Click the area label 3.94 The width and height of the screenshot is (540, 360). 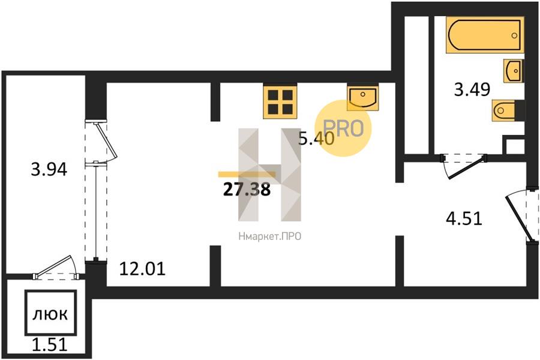pos(49,169)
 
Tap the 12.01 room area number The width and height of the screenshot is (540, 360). pos(142,269)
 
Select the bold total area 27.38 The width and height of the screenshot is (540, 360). pos(247,190)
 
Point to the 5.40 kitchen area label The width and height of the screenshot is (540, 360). pos(316,139)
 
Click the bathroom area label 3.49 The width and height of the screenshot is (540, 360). pos(472,89)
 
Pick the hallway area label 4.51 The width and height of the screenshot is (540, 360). pos(464,218)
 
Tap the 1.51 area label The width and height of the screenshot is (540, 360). pos(50,344)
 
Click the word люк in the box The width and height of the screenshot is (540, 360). pos(50,314)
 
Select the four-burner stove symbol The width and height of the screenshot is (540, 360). pos(280,101)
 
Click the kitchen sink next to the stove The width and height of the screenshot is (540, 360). pos(362,97)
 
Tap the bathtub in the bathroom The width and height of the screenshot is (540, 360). pos(485,35)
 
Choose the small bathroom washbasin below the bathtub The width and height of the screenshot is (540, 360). pos(513,71)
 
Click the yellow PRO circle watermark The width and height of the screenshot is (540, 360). pos(343,128)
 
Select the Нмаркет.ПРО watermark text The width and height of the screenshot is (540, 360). pos(269,236)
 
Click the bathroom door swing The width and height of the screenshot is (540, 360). pos(465,166)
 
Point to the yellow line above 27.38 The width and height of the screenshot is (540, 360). pos(247,175)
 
